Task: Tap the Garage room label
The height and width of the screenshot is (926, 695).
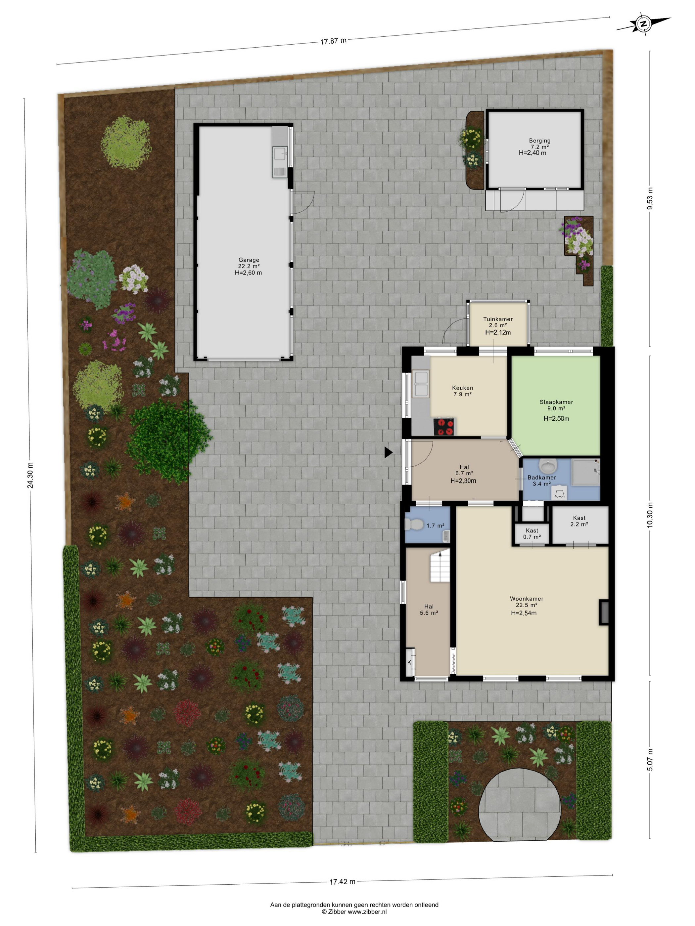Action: point(249,260)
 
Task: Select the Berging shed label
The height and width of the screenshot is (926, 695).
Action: point(539,141)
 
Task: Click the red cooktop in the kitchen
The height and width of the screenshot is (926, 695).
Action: point(444,427)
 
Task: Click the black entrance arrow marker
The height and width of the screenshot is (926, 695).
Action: point(388,452)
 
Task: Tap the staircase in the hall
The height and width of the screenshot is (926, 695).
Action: point(440,566)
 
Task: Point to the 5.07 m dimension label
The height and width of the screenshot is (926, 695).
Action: point(650,759)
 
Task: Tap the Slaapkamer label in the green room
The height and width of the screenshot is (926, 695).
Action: point(556,402)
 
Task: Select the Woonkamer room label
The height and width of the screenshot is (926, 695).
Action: point(527,599)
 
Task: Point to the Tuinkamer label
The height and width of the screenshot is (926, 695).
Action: point(498,319)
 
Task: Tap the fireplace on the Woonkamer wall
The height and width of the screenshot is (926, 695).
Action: point(604,612)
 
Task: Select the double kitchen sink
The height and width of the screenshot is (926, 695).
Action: point(421,384)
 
